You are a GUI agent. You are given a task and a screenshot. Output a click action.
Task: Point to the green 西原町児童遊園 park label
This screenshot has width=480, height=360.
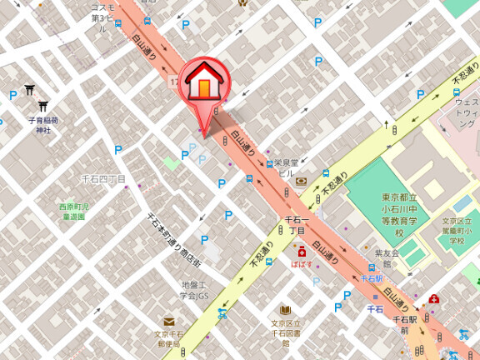[73, 211]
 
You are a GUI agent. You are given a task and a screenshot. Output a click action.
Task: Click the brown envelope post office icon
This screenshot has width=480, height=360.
[169, 322]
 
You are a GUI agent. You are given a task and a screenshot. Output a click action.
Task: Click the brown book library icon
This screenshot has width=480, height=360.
[286, 311]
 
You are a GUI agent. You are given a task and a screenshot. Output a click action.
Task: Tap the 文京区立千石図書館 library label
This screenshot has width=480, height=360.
[285, 332]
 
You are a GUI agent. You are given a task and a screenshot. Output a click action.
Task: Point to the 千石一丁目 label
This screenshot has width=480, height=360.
[297, 225]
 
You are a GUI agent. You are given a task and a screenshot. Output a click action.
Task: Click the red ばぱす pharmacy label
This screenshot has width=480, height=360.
[302, 263]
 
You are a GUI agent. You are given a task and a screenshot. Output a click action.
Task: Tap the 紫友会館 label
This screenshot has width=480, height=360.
[387, 258]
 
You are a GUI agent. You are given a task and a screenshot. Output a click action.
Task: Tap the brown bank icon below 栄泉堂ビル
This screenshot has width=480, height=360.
[300, 182]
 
